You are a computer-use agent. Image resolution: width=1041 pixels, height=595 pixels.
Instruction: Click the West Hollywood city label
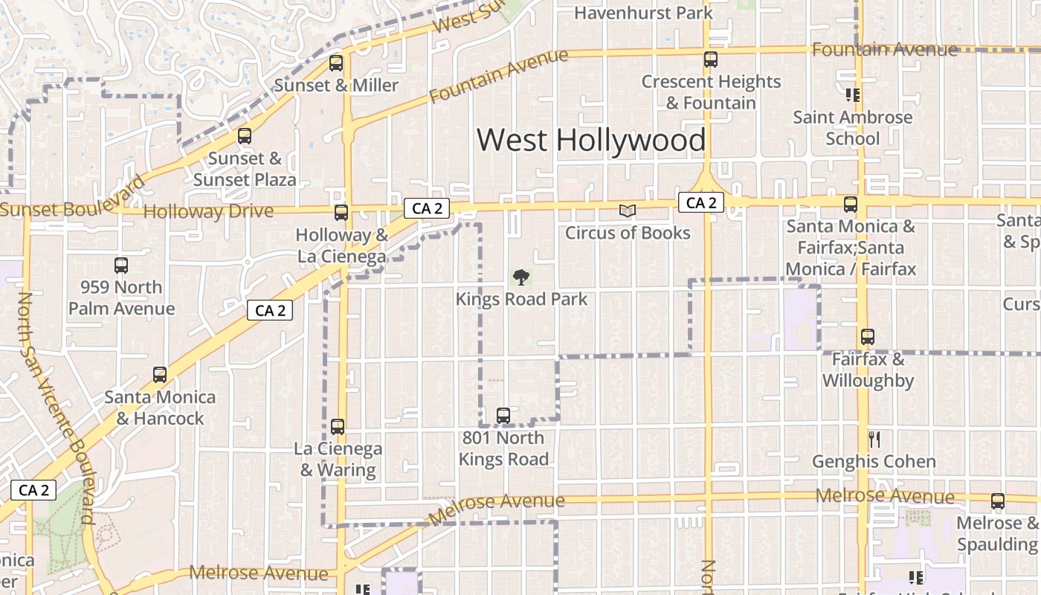[591, 140]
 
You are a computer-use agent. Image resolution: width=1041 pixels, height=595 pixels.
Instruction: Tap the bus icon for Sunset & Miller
[336, 63]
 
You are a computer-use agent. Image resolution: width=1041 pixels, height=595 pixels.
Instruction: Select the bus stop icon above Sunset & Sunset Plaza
[244, 136]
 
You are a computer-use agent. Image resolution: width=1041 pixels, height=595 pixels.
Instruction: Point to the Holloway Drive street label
[208, 211]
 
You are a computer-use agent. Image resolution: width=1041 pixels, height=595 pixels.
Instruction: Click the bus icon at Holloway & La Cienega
[341, 213]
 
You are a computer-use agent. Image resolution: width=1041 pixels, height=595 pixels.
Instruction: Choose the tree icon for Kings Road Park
[521, 277]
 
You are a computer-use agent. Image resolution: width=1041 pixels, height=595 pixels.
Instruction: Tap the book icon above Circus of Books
[628, 211]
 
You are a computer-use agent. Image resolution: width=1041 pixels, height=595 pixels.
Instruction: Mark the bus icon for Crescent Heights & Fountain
[711, 59]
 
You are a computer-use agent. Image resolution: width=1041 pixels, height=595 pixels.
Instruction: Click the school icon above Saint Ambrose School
[852, 95]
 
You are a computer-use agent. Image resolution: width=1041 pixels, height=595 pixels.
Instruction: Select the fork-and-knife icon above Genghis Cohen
[874, 440]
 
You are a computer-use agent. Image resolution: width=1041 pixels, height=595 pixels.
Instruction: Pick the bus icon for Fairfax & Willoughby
[867, 337]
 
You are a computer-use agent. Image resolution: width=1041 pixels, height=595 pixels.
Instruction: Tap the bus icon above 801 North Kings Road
[503, 415]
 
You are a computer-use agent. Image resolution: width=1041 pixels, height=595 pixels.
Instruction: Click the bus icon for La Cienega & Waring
[338, 427]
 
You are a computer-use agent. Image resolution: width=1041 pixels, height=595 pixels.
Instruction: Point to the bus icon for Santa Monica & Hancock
[160, 375]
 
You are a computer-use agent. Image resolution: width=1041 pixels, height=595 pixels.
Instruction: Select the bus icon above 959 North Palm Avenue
[121, 266]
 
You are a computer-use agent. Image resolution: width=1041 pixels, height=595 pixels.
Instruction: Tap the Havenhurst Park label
[643, 13]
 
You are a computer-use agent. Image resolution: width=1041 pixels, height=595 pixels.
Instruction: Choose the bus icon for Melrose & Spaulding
[997, 501]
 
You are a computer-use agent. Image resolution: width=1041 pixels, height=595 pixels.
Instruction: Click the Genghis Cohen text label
[874, 461]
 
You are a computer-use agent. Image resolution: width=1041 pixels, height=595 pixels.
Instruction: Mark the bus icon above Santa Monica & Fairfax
[850, 205]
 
